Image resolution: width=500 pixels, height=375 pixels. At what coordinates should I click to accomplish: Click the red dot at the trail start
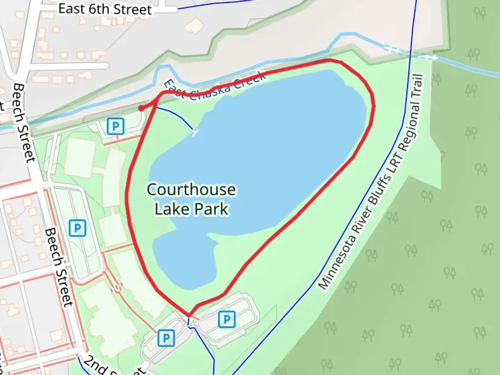point(141,108)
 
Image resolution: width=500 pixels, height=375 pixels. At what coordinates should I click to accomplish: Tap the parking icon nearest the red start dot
point(115,126)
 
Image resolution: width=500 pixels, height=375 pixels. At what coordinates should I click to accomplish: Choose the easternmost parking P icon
point(227,319)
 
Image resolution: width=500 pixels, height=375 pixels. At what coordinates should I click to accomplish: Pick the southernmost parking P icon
point(166,337)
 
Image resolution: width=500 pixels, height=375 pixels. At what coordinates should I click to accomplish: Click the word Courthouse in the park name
point(191,190)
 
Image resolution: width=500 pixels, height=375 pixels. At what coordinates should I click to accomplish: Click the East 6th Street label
point(105,9)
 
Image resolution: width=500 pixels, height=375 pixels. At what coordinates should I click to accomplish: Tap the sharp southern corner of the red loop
point(189,316)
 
